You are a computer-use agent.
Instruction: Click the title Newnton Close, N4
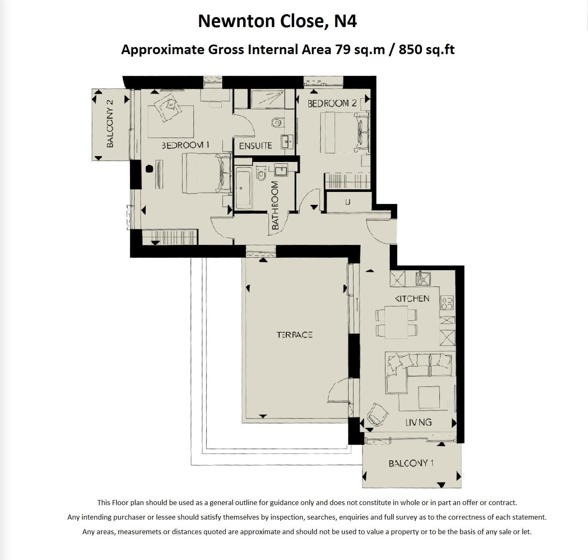[277, 21]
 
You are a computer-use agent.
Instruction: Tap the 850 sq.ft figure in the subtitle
[427, 50]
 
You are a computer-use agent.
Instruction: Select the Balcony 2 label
[110, 123]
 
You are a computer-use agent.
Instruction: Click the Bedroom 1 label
[185, 145]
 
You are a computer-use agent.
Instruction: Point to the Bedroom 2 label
[332, 103]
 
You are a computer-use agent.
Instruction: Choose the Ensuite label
[256, 146]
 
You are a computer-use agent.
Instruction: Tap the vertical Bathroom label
[275, 206]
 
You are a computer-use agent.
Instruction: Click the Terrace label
[295, 335]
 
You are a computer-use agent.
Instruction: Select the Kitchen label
[412, 299]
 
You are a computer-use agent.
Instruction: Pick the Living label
[419, 422]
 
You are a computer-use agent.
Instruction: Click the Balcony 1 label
[411, 463]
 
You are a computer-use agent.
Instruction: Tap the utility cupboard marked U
[347, 202]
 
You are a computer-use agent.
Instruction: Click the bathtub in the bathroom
[243, 188]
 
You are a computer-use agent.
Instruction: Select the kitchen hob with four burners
[447, 303]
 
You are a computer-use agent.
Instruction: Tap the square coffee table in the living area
[429, 397]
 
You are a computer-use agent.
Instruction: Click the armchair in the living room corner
[378, 413]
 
